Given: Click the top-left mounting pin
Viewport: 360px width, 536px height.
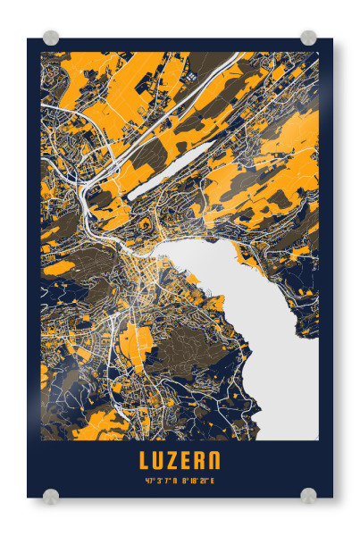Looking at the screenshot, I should pos(51,38).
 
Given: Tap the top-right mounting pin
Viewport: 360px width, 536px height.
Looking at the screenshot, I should pos(308,38).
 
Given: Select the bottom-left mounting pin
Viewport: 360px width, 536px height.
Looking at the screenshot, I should pos(51,496).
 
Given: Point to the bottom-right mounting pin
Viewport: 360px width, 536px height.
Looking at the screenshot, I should pos(308,496).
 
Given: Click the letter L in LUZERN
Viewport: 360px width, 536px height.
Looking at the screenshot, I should pos(146,461).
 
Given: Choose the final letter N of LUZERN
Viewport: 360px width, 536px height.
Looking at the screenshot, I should pos(213,461).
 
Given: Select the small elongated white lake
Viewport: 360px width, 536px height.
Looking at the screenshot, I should pos(170,170).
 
